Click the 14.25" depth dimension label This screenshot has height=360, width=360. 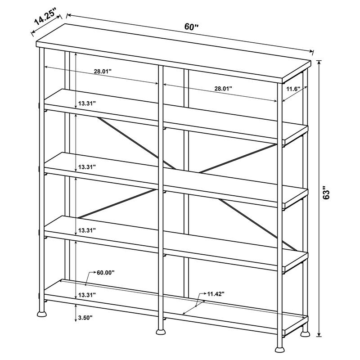point(47,18)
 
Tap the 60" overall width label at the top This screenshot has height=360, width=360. point(192,27)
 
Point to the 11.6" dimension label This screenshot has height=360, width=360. point(293,89)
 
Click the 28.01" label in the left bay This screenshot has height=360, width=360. point(103,72)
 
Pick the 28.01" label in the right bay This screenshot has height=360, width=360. point(223,89)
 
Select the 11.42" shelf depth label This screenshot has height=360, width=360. point(216,294)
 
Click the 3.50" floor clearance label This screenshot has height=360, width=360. point(85,318)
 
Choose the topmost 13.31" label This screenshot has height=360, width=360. point(87,103)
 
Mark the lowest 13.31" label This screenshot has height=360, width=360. point(87,295)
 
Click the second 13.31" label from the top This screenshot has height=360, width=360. point(87,167)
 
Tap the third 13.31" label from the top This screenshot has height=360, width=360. point(87,230)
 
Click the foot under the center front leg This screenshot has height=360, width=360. point(160,333)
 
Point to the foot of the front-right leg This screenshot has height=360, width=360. point(280,348)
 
